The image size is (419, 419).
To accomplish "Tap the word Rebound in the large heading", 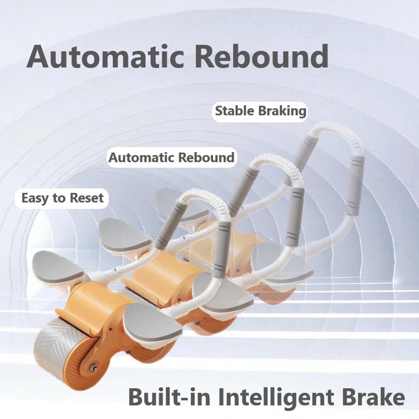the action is pyautogui.click(x=261, y=56).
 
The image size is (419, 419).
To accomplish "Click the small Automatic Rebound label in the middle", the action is pyautogui.click(x=172, y=158).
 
